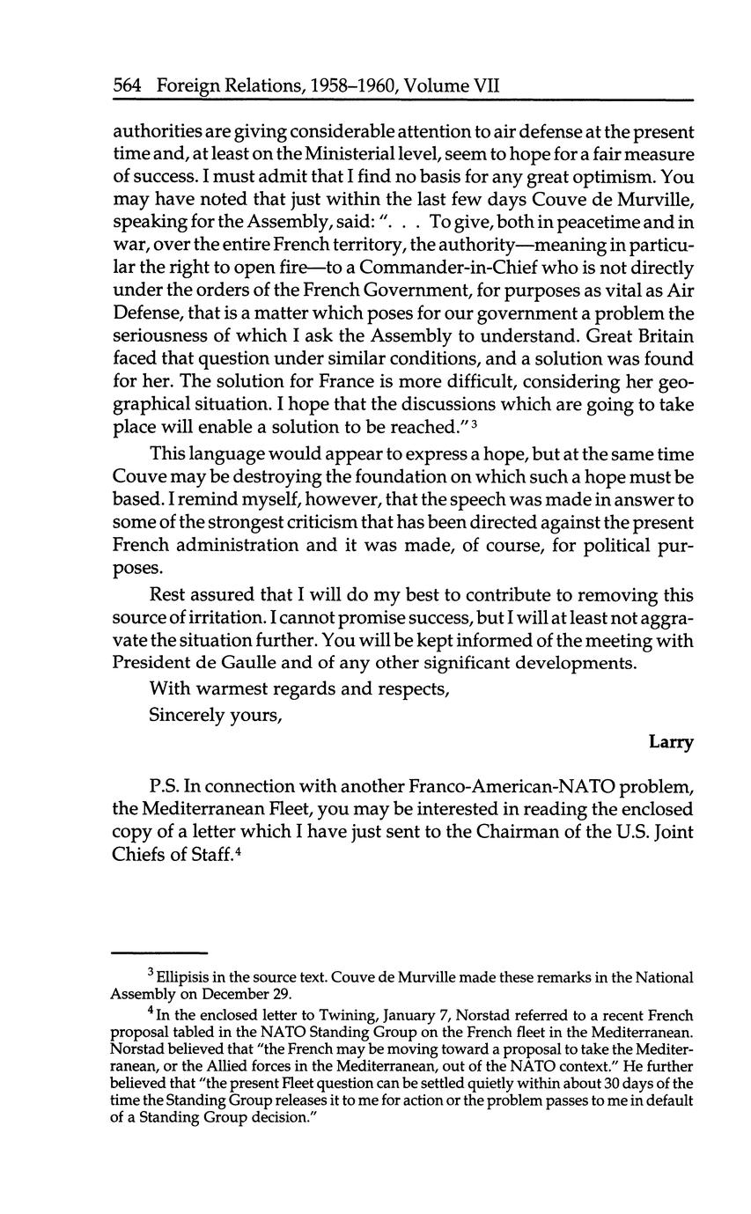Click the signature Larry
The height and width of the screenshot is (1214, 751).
pos(671,742)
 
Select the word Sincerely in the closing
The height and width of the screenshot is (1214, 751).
pos(184,715)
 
